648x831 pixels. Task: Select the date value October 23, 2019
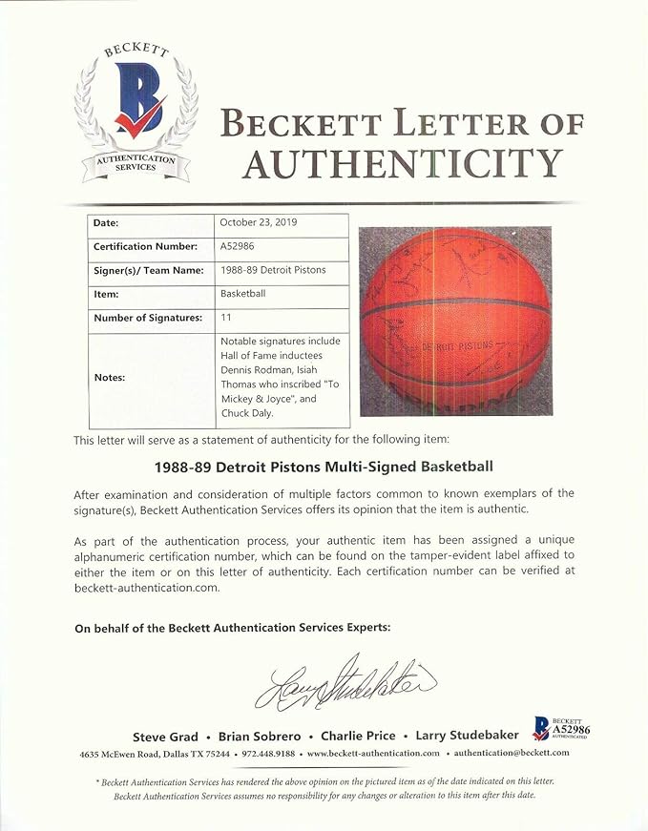[259, 222]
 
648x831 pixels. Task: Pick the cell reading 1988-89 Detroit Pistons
[273, 270]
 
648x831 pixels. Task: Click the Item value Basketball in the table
[243, 294]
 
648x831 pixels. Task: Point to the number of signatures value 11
[226, 319]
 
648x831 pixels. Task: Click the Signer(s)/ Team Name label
[148, 270]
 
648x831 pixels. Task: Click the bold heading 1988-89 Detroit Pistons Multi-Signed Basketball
[324, 467]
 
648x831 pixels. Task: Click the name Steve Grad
[166, 736]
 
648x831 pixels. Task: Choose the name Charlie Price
[358, 736]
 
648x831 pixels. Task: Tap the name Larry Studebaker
[467, 736]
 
